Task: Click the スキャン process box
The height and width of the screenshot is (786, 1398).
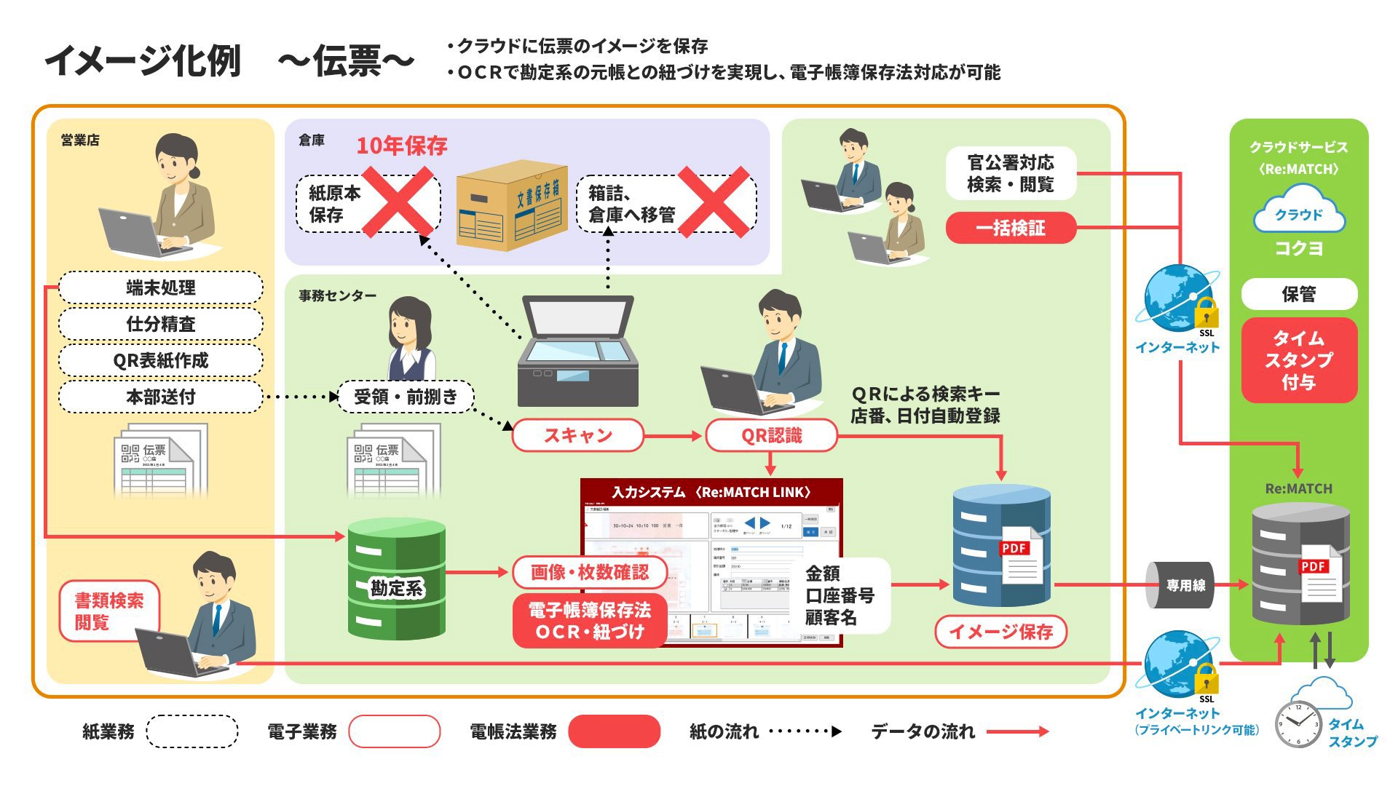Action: point(578,435)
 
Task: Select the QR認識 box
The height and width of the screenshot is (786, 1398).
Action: point(771,435)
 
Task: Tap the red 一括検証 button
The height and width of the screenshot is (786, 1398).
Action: point(1010,228)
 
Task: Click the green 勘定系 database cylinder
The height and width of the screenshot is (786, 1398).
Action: point(396,579)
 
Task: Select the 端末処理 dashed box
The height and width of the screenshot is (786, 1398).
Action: point(160,287)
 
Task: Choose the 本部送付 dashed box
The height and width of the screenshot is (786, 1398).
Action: point(160,397)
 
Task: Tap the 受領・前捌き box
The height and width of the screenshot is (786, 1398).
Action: point(406,397)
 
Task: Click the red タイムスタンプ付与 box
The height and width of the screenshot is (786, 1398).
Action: point(1299,360)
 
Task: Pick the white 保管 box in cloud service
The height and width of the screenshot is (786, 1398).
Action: point(1299,294)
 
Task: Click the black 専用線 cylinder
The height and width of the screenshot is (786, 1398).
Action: point(1181,585)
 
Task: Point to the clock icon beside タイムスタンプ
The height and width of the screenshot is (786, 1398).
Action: point(1298,724)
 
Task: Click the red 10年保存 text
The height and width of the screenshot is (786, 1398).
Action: point(401,146)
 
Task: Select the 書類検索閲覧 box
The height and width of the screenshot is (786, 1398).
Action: point(109,611)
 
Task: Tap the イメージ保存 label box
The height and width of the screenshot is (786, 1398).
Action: point(1000,631)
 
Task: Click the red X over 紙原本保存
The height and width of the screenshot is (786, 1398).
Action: point(398,202)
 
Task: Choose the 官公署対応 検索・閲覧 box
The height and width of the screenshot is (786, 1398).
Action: point(1010,173)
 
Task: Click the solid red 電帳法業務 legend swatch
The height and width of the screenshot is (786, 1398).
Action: point(614,731)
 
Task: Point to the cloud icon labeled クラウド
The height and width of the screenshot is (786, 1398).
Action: point(1299,210)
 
